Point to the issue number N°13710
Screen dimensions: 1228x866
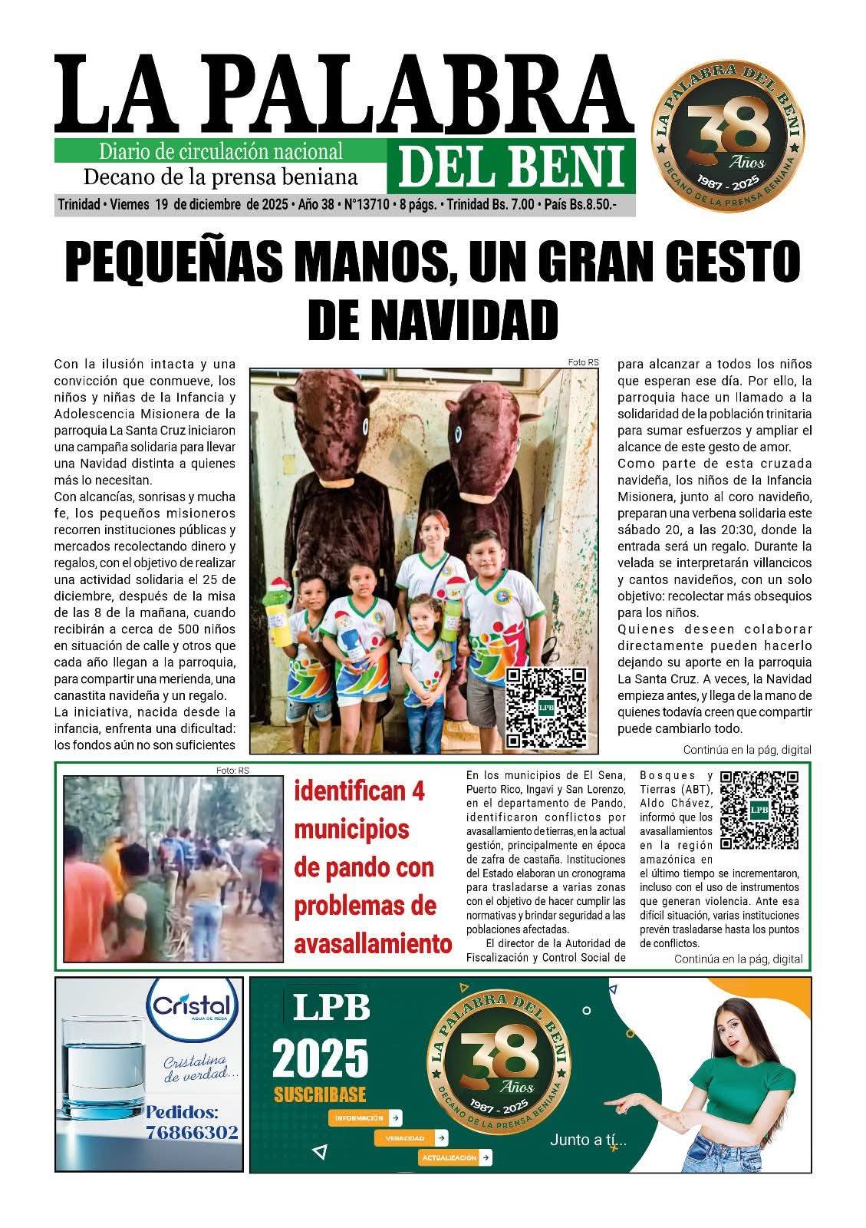368,206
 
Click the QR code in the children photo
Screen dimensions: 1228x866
546,706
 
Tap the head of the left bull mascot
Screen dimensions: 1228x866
333,422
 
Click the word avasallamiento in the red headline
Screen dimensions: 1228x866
373,943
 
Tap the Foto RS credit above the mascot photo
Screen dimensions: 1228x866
583,361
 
